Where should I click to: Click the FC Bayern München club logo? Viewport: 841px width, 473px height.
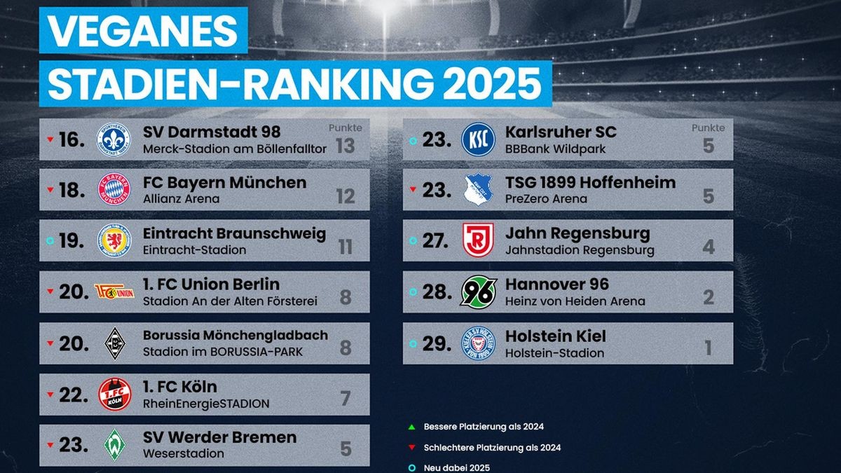114,190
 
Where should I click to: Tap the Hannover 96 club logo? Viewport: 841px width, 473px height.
478,292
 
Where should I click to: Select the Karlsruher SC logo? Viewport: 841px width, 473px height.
478,139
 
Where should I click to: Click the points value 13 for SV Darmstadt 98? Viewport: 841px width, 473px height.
345,145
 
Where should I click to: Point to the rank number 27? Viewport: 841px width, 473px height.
435,241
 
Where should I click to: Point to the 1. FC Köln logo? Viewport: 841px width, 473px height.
114,394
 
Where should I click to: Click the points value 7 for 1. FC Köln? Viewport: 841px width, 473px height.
345,398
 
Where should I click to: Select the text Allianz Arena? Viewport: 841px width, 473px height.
181,199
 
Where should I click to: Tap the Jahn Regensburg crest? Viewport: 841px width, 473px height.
478,240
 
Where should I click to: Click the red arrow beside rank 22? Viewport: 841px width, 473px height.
50,395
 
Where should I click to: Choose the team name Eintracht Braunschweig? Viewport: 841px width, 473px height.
234,233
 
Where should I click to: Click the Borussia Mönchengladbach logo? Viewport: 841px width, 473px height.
114,343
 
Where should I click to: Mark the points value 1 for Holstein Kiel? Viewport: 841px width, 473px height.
709,347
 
